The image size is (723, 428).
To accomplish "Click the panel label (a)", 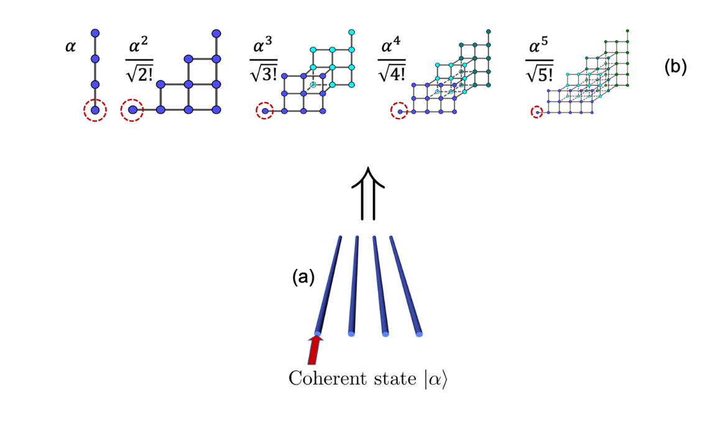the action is click(303, 277).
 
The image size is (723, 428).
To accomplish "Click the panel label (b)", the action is click(676, 67).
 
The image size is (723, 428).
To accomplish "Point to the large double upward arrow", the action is click(367, 193).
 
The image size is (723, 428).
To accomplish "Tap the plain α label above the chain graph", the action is click(70, 46).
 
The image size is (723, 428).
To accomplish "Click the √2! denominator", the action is click(139, 72).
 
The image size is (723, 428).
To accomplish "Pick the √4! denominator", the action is click(392, 72).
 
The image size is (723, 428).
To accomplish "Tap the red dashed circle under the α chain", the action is click(95, 110).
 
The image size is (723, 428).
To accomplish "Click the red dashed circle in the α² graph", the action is click(132, 110).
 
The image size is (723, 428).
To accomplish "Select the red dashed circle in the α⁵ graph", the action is click(536, 112).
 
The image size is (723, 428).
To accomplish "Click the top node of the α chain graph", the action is click(95, 33).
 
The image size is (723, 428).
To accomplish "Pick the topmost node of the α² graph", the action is click(216, 33).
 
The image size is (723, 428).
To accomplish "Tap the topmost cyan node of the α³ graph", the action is click(351, 32).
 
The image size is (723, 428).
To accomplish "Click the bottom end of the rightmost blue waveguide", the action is click(418, 334).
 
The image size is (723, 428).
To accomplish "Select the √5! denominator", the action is click(540, 72).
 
